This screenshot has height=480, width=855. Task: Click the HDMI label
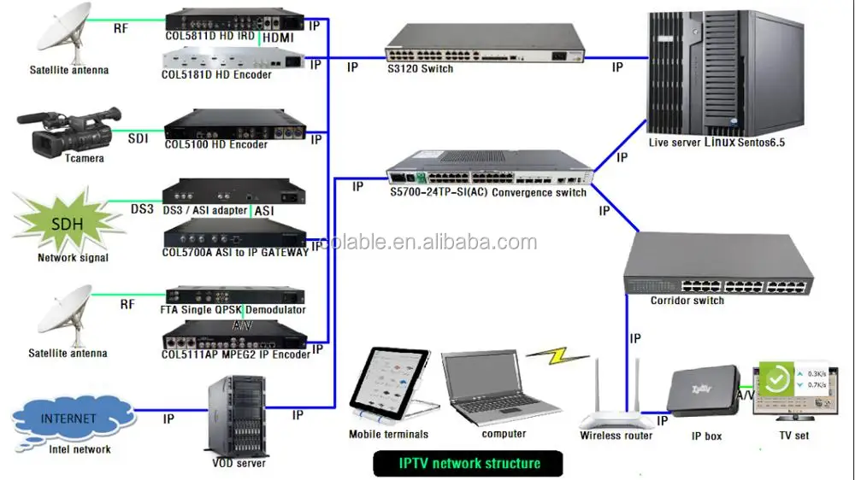tap(279, 38)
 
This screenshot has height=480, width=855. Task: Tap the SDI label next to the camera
tap(139, 138)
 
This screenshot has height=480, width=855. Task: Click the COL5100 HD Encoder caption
tap(215, 144)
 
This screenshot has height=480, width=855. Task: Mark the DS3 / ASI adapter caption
tap(206, 210)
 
